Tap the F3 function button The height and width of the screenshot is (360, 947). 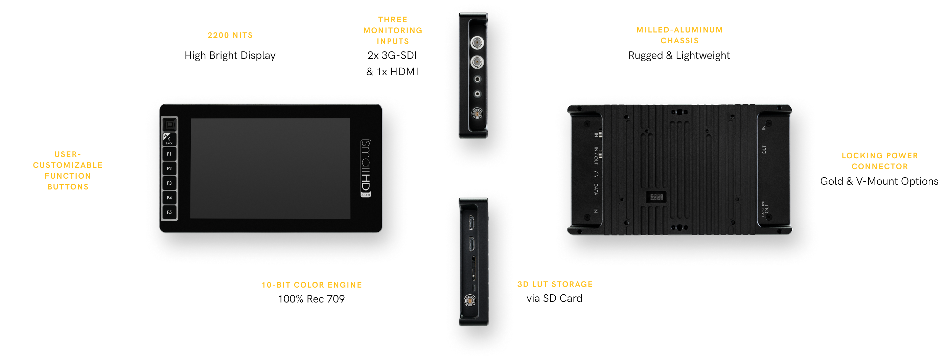tap(169, 183)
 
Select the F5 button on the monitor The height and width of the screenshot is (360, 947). tap(169, 212)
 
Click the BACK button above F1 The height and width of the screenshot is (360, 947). tap(169, 139)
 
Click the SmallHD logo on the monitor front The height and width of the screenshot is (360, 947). tap(366, 168)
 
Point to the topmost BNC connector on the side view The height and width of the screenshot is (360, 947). tap(477, 43)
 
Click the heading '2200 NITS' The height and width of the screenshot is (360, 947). tap(230, 35)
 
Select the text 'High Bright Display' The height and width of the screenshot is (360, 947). tap(230, 55)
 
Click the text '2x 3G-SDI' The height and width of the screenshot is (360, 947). tap(392, 55)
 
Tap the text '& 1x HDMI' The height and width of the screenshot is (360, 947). tap(392, 71)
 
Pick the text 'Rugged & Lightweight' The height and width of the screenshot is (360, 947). tap(679, 55)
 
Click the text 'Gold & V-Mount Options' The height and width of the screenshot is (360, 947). tap(879, 181)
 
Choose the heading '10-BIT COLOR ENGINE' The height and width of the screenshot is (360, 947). tap(312, 285)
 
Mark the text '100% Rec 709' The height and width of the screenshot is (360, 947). tap(311, 299)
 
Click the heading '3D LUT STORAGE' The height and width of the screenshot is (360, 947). tap(555, 284)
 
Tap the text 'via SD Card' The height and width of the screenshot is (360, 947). tap(554, 298)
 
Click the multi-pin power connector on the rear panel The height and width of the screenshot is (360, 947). tap(656, 197)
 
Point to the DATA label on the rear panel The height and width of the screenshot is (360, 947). tap(596, 189)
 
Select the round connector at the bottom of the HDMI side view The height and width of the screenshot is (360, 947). tap(469, 300)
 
